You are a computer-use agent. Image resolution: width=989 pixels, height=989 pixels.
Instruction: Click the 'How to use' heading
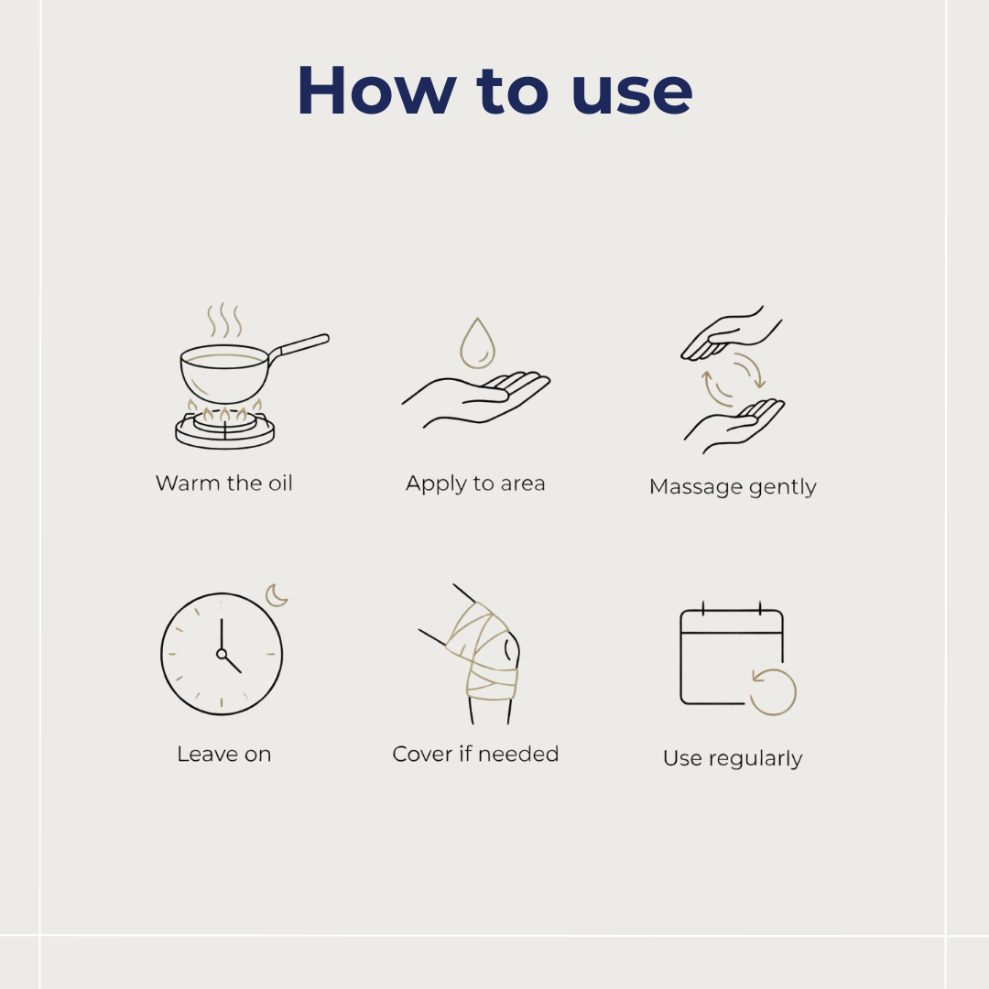click(494, 91)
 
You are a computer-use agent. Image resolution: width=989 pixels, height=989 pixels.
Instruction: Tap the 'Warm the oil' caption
click(224, 484)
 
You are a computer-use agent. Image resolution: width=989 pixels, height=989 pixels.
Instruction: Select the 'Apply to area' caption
click(475, 484)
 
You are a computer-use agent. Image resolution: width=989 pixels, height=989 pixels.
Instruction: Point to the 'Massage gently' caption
click(733, 487)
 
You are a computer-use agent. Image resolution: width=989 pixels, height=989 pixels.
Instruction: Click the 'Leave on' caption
click(224, 754)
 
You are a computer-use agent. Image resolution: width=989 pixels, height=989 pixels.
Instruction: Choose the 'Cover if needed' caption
click(475, 754)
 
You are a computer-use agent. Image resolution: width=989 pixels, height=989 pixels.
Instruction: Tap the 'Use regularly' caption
click(733, 758)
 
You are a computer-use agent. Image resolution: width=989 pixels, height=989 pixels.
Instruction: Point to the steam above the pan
click(224, 321)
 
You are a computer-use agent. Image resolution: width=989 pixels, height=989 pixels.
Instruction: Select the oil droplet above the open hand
click(477, 343)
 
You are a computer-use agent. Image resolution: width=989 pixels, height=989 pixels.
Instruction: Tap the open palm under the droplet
click(476, 399)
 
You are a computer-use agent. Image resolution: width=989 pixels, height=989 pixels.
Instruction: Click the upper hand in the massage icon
click(732, 335)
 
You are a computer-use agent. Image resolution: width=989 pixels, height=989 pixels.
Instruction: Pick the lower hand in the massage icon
click(734, 425)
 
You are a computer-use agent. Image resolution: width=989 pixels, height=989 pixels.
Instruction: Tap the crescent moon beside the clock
click(277, 595)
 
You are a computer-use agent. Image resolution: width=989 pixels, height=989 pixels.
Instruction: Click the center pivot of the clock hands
click(222, 654)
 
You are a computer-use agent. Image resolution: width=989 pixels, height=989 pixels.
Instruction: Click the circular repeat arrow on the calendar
click(773, 692)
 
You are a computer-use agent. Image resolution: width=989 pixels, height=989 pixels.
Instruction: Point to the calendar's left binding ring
click(703, 608)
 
